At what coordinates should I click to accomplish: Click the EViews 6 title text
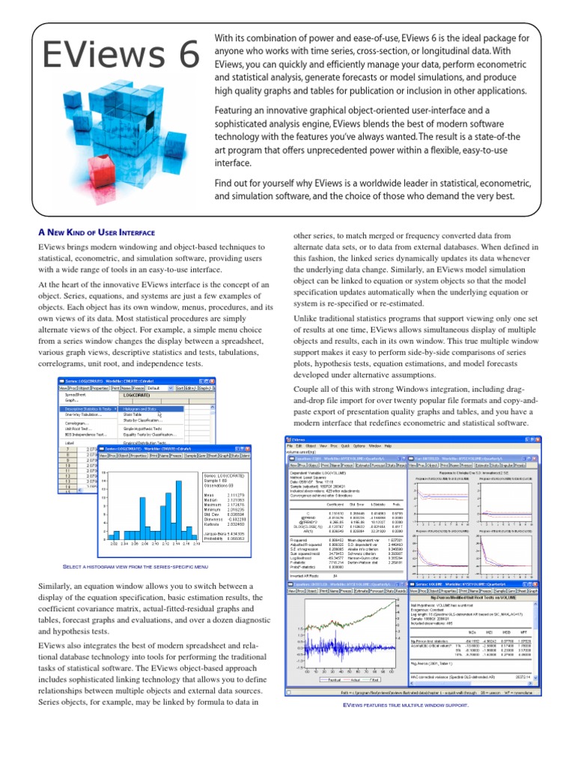tap(119, 55)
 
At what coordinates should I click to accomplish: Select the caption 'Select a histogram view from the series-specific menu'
tap(138, 567)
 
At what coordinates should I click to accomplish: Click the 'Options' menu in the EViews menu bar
tap(359, 445)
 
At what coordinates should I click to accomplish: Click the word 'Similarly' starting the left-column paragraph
tap(58, 585)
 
